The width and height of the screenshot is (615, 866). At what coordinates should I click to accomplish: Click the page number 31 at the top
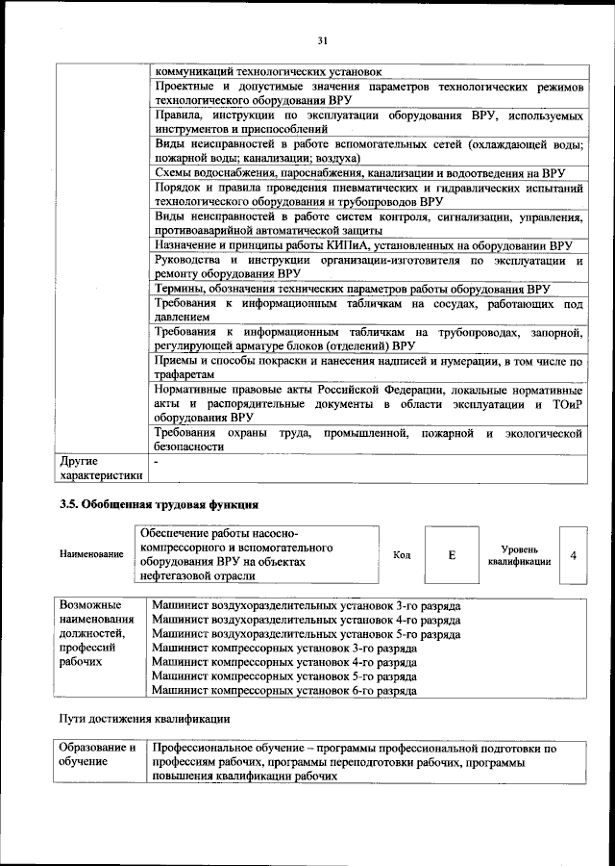click(322, 39)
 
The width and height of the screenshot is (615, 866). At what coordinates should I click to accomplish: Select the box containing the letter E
click(451, 555)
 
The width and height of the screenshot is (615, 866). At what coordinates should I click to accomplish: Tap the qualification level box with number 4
click(573, 555)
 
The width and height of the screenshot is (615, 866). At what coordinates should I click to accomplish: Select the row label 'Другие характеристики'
click(100, 468)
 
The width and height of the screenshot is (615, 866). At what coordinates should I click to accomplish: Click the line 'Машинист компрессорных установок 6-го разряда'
click(283, 691)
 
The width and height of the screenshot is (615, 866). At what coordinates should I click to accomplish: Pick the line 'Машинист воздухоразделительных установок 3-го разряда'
click(306, 607)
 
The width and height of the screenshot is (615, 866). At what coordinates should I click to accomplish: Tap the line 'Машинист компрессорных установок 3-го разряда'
click(283, 649)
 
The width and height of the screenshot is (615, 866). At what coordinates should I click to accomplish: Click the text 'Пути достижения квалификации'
click(144, 720)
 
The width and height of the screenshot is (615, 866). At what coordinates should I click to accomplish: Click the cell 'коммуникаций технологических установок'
click(268, 71)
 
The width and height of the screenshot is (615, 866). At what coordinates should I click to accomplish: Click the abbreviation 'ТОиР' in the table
click(564, 404)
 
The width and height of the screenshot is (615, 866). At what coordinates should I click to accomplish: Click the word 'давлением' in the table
click(183, 317)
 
